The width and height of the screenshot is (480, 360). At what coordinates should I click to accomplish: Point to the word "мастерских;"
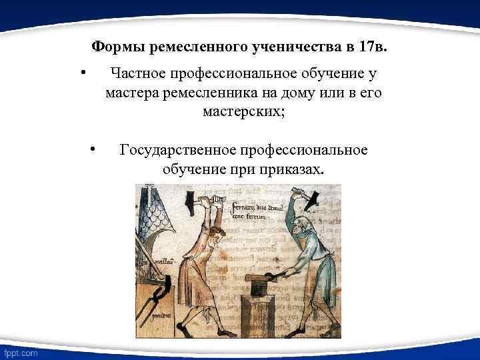[243, 112]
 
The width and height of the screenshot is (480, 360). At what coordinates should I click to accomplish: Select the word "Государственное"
[177, 150]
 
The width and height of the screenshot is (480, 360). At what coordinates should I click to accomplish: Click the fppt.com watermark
[20, 351]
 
